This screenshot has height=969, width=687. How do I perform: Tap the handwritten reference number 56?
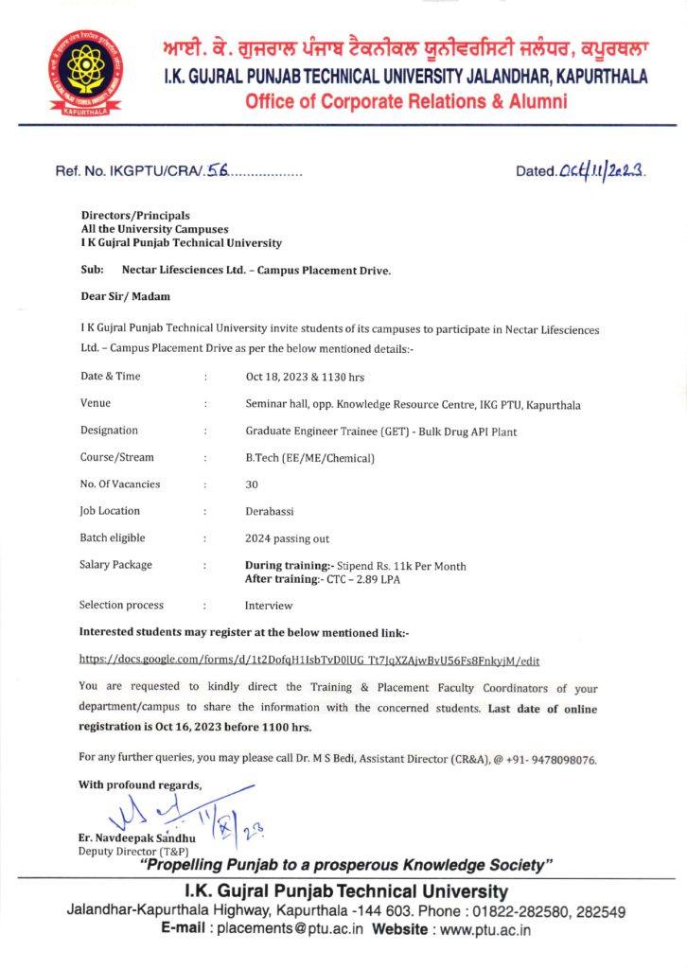point(218,171)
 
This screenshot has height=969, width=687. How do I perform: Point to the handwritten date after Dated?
point(603,170)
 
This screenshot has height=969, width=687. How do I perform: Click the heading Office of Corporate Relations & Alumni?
point(406,102)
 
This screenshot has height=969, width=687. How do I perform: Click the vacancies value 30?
point(252,484)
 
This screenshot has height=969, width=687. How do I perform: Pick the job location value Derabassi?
point(272,512)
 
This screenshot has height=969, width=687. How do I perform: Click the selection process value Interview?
point(269,606)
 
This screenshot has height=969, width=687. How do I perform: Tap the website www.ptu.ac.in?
point(483,929)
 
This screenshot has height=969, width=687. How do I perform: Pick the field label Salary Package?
point(117,565)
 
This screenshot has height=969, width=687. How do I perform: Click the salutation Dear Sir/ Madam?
point(119,296)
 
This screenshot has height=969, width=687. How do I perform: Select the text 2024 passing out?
point(288,538)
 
